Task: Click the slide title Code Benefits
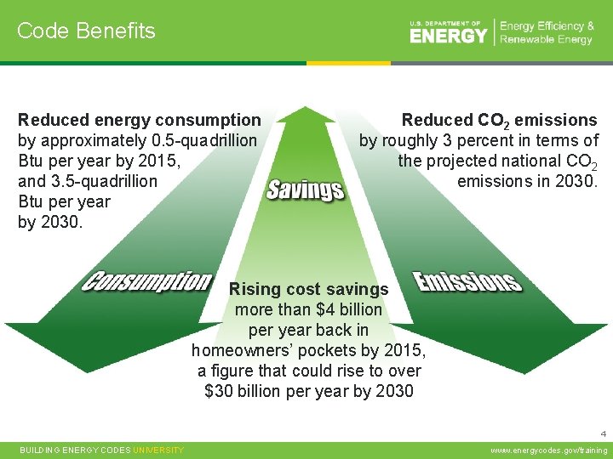click(x=86, y=31)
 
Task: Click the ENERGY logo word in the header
click(x=448, y=36)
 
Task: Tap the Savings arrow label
click(x=305, y=189)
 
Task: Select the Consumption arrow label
click(x=146, y=281)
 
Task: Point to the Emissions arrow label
click(x=467, y=281)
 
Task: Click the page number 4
click(x=602, y=431)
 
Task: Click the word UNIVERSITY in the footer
click(x=158, y=450)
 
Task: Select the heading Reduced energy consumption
click(x=140, y=120)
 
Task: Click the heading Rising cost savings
click(x=308, y=290)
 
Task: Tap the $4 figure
click(x=327, y=310)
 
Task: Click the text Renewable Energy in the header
click(x=546, y=40)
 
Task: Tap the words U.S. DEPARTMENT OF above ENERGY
click(x=445, y=23)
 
